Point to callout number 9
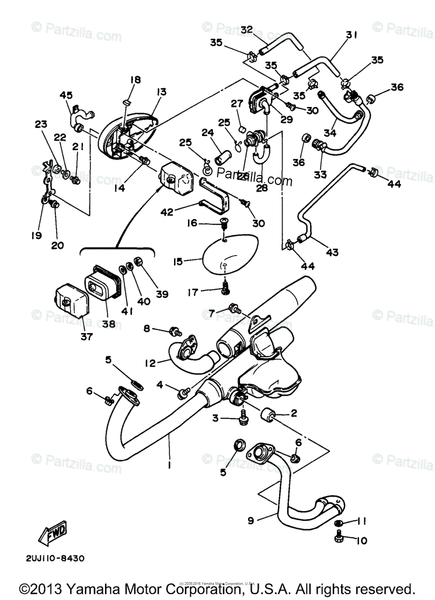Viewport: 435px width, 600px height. [x=251, y=520]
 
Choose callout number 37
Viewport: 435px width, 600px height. [x=86, y=336]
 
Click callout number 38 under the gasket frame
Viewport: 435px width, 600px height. [x=109, y=323]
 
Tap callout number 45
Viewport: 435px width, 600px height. [x=66, y=95]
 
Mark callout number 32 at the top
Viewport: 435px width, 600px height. [x=246, y=29]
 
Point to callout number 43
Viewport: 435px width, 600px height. [x=332, y=252]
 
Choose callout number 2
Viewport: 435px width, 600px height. [x=293, y=413]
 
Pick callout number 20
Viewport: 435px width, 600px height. [x=57, y=245]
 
